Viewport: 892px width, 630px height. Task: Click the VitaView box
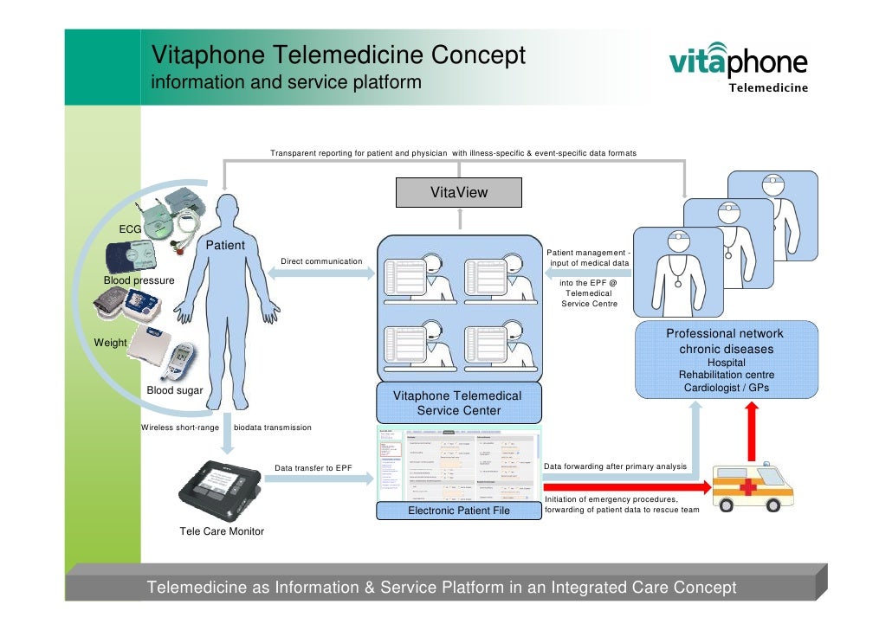click(459, 192)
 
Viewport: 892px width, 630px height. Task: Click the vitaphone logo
click(738, 65)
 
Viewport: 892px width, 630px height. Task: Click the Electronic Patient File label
click(458, 511)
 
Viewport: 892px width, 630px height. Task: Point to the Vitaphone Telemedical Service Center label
click(458, 402)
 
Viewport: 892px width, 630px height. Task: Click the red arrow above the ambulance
click(752, 431)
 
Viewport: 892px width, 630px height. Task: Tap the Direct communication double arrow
click(321, 273)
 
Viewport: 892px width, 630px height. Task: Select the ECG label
click(130, 229)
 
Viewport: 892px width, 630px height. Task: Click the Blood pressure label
click(139, 280)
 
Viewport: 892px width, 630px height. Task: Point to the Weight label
click(110, 343)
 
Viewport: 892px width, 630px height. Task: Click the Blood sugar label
click(175, 390)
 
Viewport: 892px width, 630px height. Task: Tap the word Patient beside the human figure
click(225, 246)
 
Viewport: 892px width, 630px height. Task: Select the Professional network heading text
click(725, 334)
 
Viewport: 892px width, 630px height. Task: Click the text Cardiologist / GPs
click(726, 388)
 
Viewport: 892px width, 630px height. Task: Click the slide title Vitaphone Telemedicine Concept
click(339, 55)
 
